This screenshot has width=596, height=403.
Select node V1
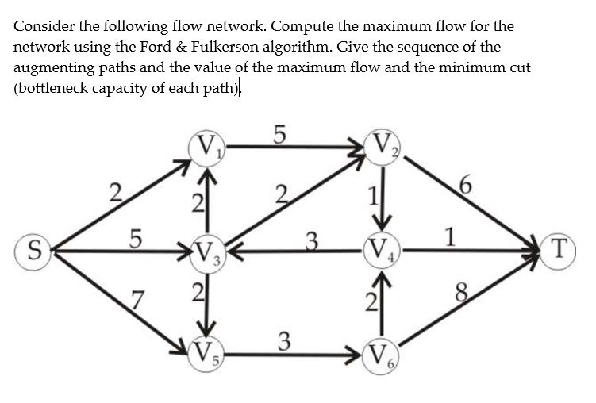(208, 148)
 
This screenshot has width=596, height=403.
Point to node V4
(383, 252)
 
